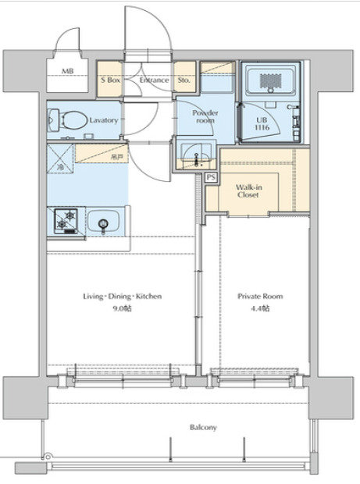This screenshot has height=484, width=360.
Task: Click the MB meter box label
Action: point(68,71)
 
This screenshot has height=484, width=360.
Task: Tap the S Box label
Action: point(111,80)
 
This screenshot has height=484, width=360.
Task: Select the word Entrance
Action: point(154,80)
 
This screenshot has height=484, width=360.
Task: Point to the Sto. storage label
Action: point(184,80)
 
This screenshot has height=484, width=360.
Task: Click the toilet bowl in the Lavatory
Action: point(73,120)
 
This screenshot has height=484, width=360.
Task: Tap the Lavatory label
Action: point(104,120)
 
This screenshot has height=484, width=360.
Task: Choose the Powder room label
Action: point(205,116)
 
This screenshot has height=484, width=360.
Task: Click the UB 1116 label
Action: point(262,123)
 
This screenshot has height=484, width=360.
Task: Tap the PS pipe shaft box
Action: point(211,177)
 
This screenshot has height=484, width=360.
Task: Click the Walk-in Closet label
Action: point(248,190)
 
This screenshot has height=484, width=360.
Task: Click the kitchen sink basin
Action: point(103,222)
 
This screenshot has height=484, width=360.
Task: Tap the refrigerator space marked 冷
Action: point(60,158)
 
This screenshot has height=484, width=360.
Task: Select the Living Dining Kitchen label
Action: point(123,297)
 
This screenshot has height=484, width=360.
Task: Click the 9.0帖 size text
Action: point(123,308)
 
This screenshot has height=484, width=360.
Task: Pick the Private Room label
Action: point(260,297)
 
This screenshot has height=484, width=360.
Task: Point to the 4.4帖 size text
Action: point(260,308)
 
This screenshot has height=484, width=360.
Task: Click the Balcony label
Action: point(203,428)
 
